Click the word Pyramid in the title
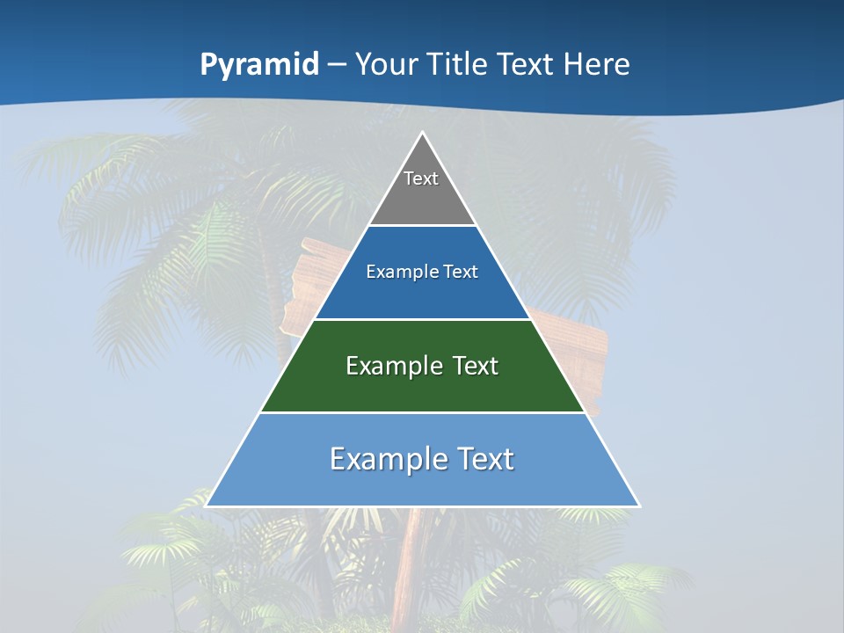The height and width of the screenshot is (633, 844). (259, 65)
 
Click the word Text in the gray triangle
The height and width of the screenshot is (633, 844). (421, 178)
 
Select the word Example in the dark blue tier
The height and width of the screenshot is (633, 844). (400, 272)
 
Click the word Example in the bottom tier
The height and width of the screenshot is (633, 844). (382, 459)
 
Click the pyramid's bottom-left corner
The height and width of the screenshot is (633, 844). (207, 506)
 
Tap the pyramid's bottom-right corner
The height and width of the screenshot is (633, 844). (638, 506)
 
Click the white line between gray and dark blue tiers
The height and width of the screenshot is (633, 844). (422, 226)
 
